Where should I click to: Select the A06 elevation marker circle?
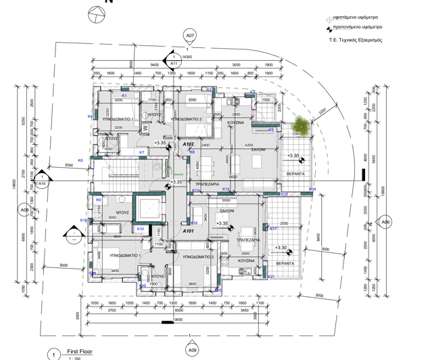coord(385,222)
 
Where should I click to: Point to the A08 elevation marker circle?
coord(25,210)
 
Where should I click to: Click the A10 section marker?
coord(42,179)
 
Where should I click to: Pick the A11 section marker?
coord(174,63)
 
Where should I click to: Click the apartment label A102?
coord(189,144)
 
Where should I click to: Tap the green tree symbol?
coord(299,125)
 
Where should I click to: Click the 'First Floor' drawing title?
coord(79,353)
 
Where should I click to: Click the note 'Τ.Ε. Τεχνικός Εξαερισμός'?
coord(356,40)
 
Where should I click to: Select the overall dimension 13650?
coord(178,319)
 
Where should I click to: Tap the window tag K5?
coord(270,130)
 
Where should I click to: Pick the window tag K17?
coord(273,229)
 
